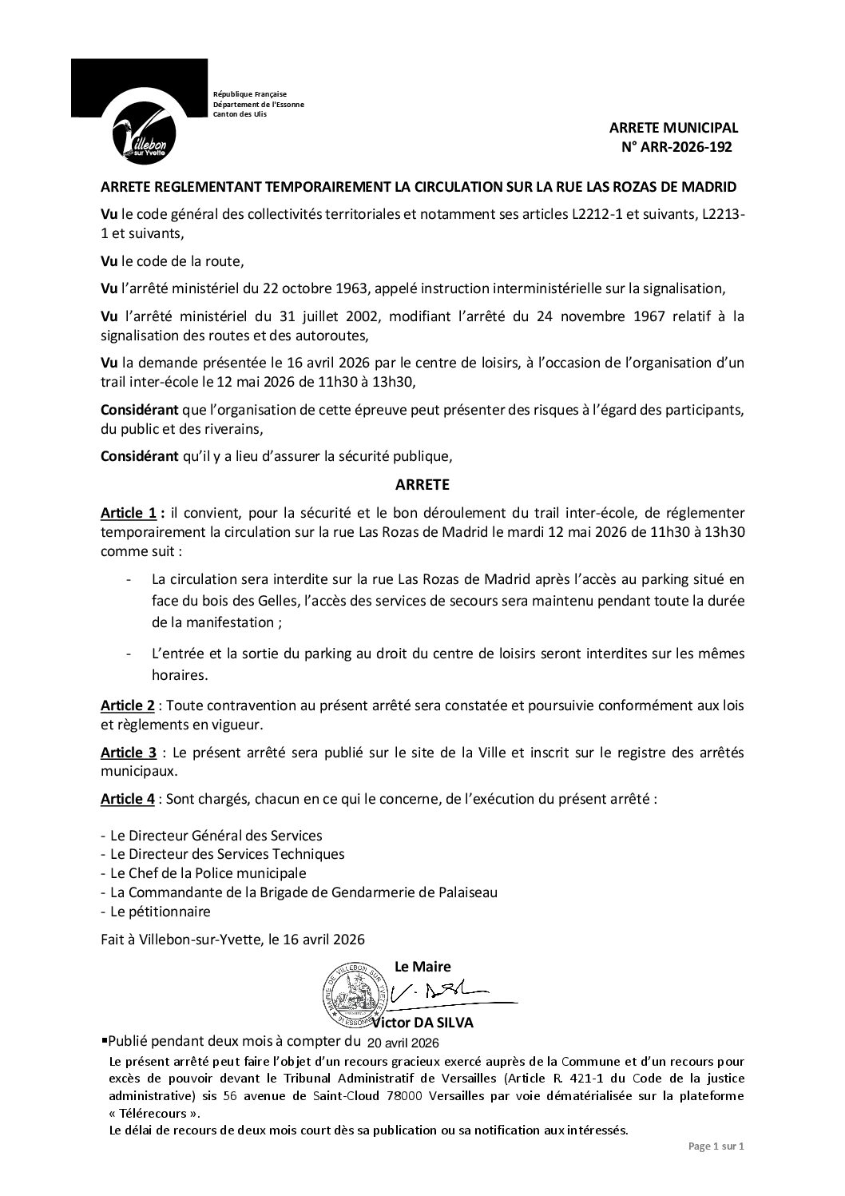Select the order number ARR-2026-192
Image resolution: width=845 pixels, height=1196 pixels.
(681, 147)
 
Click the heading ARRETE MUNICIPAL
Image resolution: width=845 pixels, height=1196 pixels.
(673, 128)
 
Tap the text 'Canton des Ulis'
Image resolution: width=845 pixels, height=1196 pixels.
(240, 114)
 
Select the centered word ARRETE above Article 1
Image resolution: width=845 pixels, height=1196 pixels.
(422, 484)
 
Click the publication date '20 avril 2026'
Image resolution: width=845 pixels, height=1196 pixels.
(403, 1043)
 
